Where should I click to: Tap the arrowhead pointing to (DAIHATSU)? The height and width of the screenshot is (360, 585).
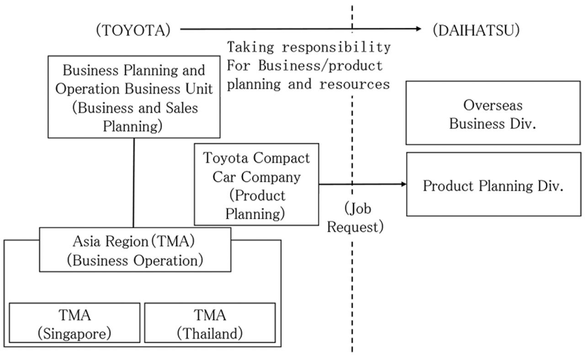(x=418, y=29)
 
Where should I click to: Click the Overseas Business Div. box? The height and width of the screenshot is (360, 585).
(x=493, y=113)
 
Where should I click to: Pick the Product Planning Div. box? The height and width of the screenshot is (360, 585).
(x=493, y=184)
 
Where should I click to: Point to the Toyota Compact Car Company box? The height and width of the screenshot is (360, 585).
(x=256, y=184)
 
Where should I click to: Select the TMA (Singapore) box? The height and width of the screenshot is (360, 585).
(x=74, y=323)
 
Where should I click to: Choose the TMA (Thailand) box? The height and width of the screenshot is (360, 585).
(x=210, y=323)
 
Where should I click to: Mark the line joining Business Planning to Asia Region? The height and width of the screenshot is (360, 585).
(x=133, y=183)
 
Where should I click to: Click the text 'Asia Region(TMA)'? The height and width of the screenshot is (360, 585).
(x=135, y=241)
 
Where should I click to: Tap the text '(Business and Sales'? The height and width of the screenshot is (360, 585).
(x=133, y=108)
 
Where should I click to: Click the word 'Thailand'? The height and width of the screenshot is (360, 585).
(x=210, y=333)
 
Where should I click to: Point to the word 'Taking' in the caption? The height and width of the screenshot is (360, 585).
(x=247, y=47)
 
